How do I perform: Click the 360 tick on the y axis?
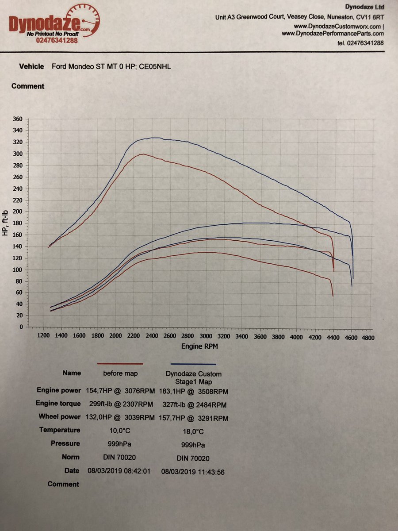coord(18,119)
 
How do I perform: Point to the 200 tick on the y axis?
coord(18,212)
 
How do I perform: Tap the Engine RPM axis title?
coord(199,346)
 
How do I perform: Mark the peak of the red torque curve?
coord(142,154)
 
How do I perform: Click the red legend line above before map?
coord(120,364)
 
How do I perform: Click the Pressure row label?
coord(65,443)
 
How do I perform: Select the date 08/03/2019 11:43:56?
coord(193,472)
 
